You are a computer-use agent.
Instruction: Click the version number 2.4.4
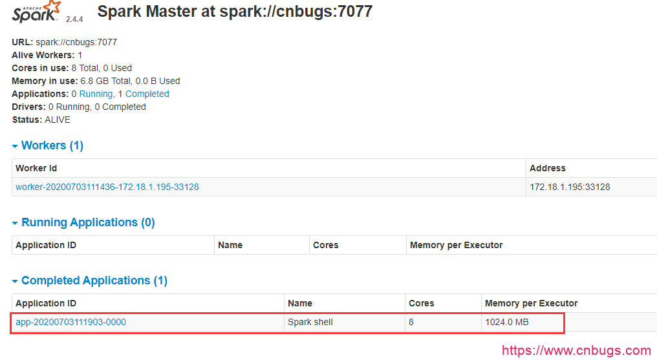[x=74, y=19]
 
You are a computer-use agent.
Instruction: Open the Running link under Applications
[x=96, y=94]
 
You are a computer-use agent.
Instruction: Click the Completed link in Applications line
[x=147, y=94]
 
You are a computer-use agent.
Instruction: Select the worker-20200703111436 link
[x=107, y=187]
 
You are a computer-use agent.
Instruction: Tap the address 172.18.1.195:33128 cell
[x=570, y=187]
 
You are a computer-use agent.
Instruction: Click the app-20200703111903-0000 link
[x=70, y=322]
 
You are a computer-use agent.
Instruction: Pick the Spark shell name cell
[x=310, y=322]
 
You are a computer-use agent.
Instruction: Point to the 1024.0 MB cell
[x=507, y=322]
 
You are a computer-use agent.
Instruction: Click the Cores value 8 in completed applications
[x=411, y=322]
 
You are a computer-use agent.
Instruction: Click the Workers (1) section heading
[x=52, y=145]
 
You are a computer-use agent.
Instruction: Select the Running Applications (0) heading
[x=88, y=222]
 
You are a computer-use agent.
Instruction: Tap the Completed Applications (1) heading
[x=94, y=281]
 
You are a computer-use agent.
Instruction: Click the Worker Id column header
[x=36, y=168]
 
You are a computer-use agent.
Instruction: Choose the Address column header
[x=548, y=168]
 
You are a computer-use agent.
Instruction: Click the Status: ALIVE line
[x=41, y=120]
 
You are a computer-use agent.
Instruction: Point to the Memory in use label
[x=45, y=81]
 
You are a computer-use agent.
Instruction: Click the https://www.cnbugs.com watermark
[x=576, y=351]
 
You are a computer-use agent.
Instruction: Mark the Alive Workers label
[x=43, y=55]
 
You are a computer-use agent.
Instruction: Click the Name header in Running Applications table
[x=230, y=245]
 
